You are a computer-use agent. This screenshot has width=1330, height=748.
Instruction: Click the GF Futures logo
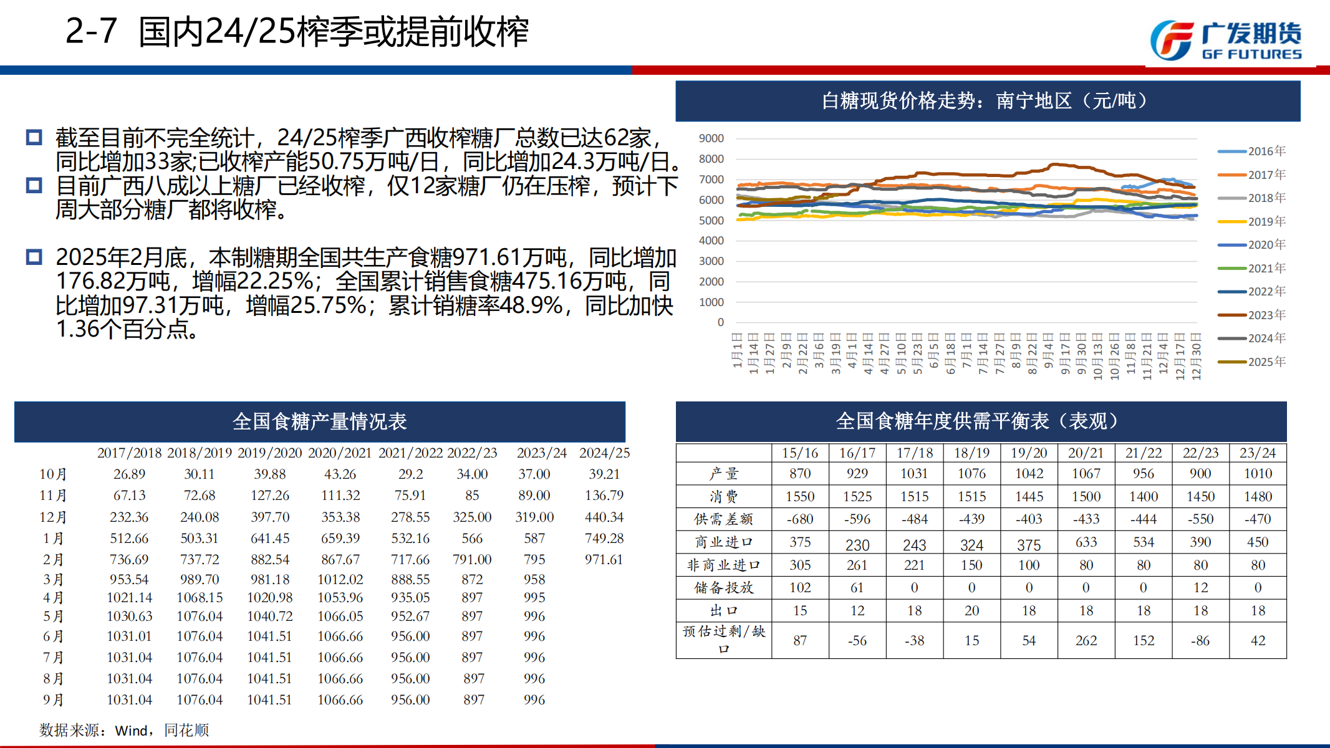1225,41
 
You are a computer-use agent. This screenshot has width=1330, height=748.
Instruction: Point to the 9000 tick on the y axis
711,138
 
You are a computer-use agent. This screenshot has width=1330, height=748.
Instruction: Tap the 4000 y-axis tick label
711,241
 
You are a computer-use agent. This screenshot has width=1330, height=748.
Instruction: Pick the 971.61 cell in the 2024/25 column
604,560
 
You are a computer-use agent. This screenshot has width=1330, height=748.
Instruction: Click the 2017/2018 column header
129,453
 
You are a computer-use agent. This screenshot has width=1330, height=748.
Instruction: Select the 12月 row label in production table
53,517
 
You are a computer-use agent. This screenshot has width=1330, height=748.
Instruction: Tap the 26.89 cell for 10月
129,474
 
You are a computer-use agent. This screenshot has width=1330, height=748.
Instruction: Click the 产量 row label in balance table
723,474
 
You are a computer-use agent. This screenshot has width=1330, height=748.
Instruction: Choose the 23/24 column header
1258,453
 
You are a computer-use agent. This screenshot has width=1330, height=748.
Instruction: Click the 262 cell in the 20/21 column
1086,641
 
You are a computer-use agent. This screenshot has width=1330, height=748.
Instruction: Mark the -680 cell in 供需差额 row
799,519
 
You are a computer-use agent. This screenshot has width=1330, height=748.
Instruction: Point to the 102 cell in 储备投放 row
799,588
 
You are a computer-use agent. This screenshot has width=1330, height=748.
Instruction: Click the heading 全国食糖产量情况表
319,422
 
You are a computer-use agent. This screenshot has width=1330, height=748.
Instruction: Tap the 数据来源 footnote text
124,730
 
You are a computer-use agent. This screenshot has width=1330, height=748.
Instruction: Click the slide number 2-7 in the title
91,31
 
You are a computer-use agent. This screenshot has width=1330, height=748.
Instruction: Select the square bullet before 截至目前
34,138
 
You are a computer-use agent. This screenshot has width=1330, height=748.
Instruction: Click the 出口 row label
723,611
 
